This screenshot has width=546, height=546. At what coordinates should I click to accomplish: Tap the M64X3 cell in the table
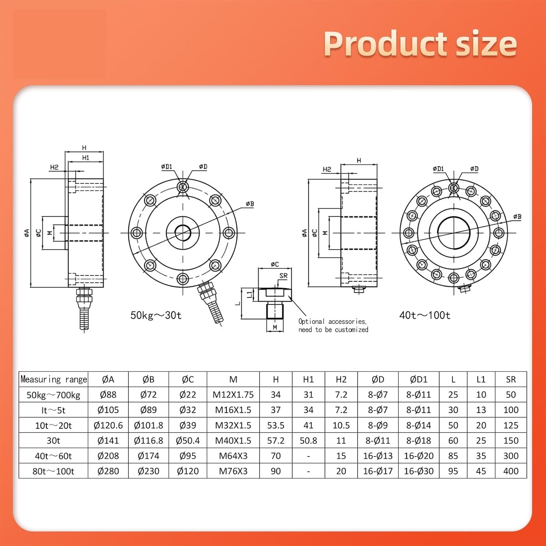233,456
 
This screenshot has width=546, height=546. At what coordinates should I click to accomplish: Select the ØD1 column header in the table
419,379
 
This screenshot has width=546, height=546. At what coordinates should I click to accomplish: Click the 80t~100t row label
53,471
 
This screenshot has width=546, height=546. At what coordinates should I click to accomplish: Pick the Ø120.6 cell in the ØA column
108,425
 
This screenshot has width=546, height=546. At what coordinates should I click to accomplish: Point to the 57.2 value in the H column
276,440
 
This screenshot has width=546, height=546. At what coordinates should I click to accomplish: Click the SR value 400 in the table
511,471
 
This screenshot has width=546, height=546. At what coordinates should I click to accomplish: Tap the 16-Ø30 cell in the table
419,471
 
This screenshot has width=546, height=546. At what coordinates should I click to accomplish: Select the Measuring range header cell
54,379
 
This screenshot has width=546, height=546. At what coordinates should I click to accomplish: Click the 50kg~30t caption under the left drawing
156,315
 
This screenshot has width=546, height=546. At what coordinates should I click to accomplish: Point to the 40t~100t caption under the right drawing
424,315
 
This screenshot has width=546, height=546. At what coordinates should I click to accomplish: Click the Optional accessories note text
333,325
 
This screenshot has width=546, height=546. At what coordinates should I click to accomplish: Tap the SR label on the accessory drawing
284,276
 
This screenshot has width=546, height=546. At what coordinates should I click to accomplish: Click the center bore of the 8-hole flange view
183,233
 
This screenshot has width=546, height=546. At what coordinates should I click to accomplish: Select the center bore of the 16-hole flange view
454,233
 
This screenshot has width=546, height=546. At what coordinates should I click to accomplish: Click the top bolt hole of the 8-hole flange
183,187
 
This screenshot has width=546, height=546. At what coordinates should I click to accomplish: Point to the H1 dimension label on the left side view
86,158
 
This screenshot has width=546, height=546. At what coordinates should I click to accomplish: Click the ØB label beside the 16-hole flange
517,217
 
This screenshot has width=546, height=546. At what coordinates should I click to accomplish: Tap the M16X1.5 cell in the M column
233,410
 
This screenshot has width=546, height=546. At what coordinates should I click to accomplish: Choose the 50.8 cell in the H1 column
308,440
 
